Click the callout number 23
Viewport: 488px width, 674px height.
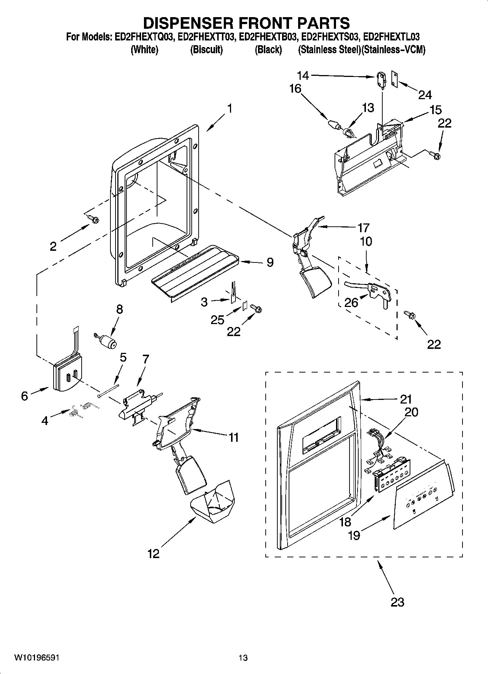point(397,601)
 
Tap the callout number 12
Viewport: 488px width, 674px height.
point(153,554)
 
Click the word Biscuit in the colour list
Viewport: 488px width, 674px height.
point(206,50)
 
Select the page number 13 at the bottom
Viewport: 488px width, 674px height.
point(243,658)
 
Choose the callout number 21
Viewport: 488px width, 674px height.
point(406,399)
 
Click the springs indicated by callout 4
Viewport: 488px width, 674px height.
point(81,408)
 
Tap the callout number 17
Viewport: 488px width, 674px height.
point(363,227)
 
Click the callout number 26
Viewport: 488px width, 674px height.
point(351,302)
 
